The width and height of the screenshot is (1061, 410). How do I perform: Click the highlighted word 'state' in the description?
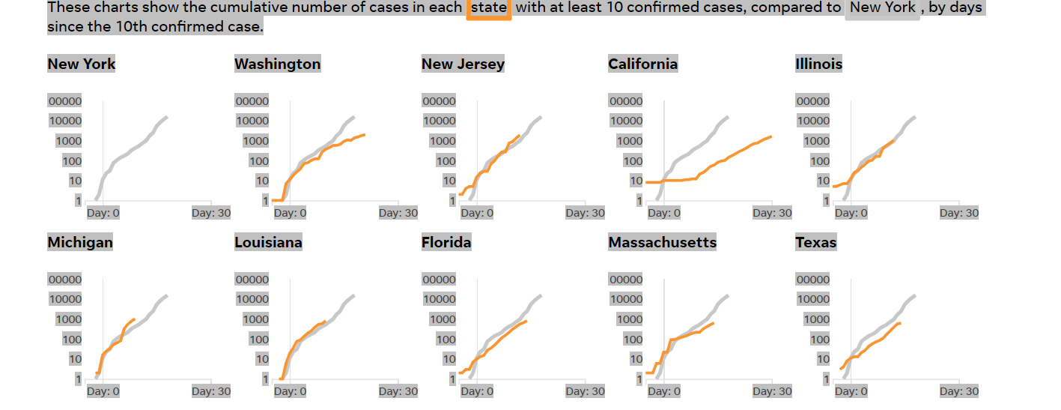(489, 8)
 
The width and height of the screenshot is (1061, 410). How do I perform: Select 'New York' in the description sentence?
(882, 8)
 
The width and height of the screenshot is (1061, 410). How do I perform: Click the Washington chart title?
(277, 64)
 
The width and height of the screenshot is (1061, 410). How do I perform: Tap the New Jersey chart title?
(463, 64)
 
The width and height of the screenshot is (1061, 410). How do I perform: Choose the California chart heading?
(642, 64)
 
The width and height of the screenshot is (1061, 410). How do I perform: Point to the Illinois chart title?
(818, 64)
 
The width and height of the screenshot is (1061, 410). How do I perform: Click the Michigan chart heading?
(80, 242)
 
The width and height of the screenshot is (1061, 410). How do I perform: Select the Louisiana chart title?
(268, 242)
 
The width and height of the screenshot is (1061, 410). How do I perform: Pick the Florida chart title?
(446, 242)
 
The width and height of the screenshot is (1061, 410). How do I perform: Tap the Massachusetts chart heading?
(662, 242)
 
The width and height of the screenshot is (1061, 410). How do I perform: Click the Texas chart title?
(815, 242)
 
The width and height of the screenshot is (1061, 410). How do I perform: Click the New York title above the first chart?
(82, 64)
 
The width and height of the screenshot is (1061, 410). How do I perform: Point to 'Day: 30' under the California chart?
(772, 213)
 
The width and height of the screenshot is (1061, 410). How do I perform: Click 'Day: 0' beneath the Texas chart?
(851, 391)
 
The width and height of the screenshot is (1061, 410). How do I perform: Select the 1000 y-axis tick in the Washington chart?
(252, 141)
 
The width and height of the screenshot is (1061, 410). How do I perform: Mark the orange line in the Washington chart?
(337, 145)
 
